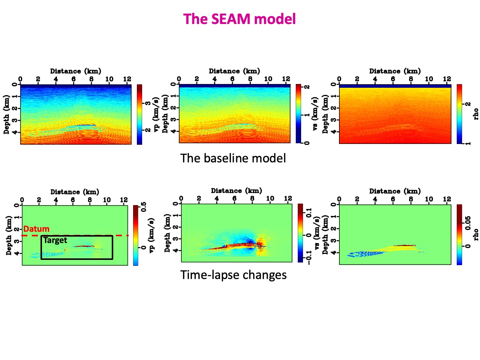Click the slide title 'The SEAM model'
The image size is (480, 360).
(240, 19)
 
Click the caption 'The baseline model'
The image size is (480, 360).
(233, 158)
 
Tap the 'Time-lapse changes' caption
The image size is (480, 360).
(233, 275)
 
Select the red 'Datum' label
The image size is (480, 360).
(36, 229)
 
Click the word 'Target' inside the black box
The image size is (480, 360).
(55, 240)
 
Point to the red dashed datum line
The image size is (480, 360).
(120, 235)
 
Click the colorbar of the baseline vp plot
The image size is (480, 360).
(139, 114)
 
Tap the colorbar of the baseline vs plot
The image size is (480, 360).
(298, 114)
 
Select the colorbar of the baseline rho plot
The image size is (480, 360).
(459, 114)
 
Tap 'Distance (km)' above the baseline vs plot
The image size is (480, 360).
(234, 71)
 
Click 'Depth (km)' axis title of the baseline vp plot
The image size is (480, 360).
(6, 114)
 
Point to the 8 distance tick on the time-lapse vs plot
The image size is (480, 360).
(252, 198)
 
